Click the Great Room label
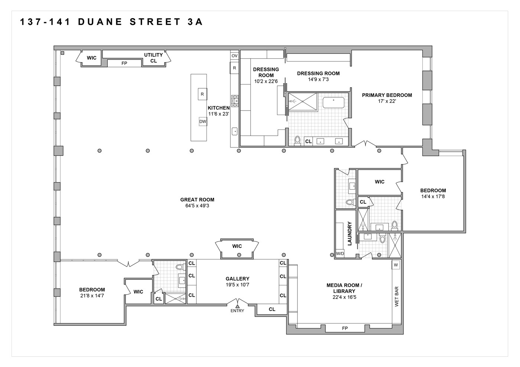[197, 200]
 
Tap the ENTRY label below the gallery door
[237, 311]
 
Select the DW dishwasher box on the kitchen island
[202, 121]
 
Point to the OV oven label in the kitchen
[234, 56]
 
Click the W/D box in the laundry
[340, 254]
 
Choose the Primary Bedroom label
[387, 95]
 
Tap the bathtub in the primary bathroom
[333, 103]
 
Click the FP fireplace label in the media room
[345, 328]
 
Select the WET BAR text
[396, 296]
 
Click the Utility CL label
[153, 58]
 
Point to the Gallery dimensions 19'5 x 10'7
[237, 285]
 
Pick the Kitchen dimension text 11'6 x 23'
[218, 114]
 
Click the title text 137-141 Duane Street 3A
[111, 22]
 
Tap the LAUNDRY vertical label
[349, 233]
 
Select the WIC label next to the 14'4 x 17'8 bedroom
[380, 182]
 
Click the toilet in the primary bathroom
[297, 141]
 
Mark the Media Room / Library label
[344, 288]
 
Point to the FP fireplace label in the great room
[124, 63]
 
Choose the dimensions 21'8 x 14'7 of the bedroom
[92, 296]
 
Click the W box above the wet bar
[396, 265]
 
